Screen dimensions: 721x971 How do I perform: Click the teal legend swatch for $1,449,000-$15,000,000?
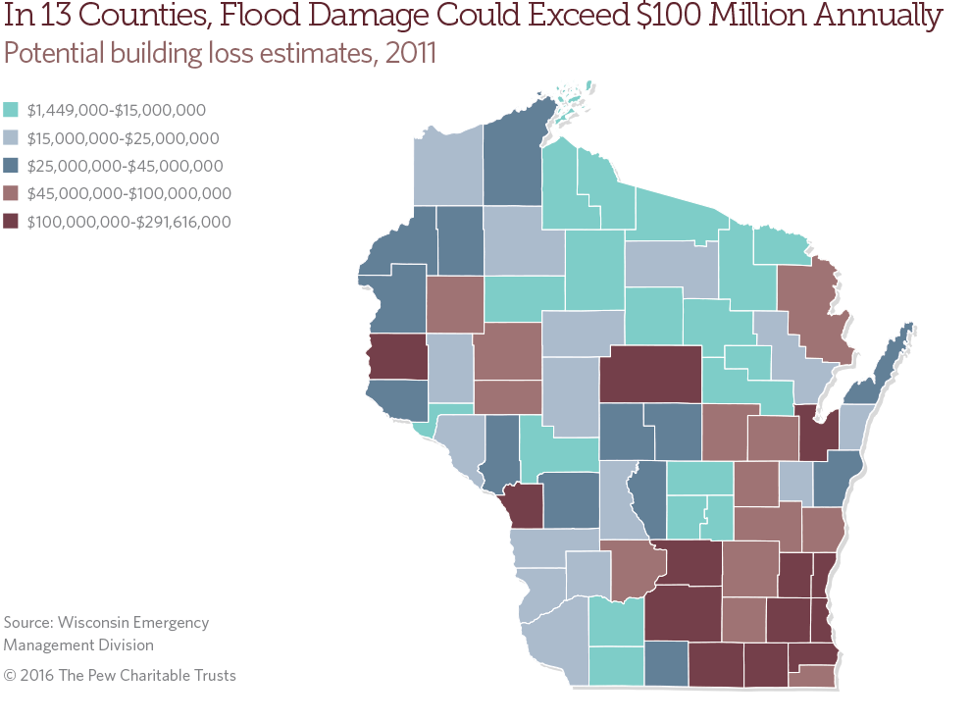(12, 110)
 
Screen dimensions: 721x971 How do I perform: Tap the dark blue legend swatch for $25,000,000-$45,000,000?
(12, 166)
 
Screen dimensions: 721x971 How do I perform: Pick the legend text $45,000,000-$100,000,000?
(129, 194)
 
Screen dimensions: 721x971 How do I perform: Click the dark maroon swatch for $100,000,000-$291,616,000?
(12, 222)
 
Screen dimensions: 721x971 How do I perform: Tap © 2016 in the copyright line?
(26, 676)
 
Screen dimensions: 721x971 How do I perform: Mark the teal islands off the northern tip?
(571, 97)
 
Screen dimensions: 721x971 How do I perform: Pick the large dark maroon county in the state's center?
(650, 374)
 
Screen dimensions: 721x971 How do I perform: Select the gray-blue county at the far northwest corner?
(447, 165)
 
